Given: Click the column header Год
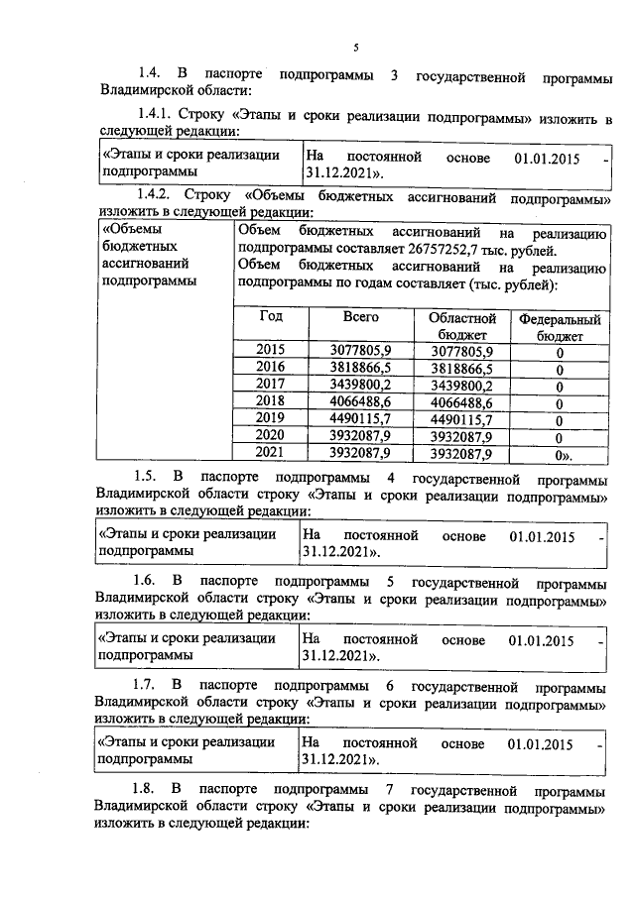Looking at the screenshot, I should (271, 318).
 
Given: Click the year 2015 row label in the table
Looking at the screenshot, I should (270, 351).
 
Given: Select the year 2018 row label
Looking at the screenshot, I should (270, 401).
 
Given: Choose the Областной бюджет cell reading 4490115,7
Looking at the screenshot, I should (461, 419).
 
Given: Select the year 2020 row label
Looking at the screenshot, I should (270, 436).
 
